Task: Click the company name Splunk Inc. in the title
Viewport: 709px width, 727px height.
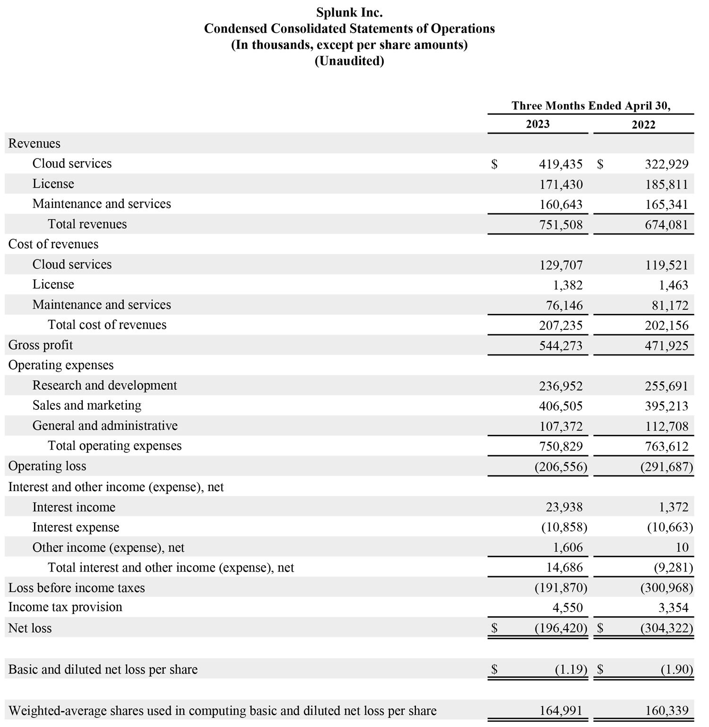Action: (349, 12)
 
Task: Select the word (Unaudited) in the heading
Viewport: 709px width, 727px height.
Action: (349, 61)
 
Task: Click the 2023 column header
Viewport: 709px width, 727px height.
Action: (537, 124)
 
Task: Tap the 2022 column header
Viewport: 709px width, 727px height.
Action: (643, 125)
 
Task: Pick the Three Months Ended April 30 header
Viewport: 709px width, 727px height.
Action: (590, 105)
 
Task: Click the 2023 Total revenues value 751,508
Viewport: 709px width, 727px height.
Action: (561, 225)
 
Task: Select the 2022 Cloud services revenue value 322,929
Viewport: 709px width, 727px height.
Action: (666, 164)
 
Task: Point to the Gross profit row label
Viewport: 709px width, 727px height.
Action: (41, 345)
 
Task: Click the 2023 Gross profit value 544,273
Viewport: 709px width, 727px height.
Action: (561, 346)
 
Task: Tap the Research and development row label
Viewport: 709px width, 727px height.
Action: (104, 385)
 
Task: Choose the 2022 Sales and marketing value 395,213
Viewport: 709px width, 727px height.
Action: (666, 406)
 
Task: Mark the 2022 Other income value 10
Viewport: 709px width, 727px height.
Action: (682, 547)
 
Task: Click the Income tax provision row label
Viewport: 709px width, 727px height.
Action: (65, 607)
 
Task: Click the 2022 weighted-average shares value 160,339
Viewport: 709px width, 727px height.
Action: (666, 711)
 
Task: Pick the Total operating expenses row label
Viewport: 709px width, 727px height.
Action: (114, 446)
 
